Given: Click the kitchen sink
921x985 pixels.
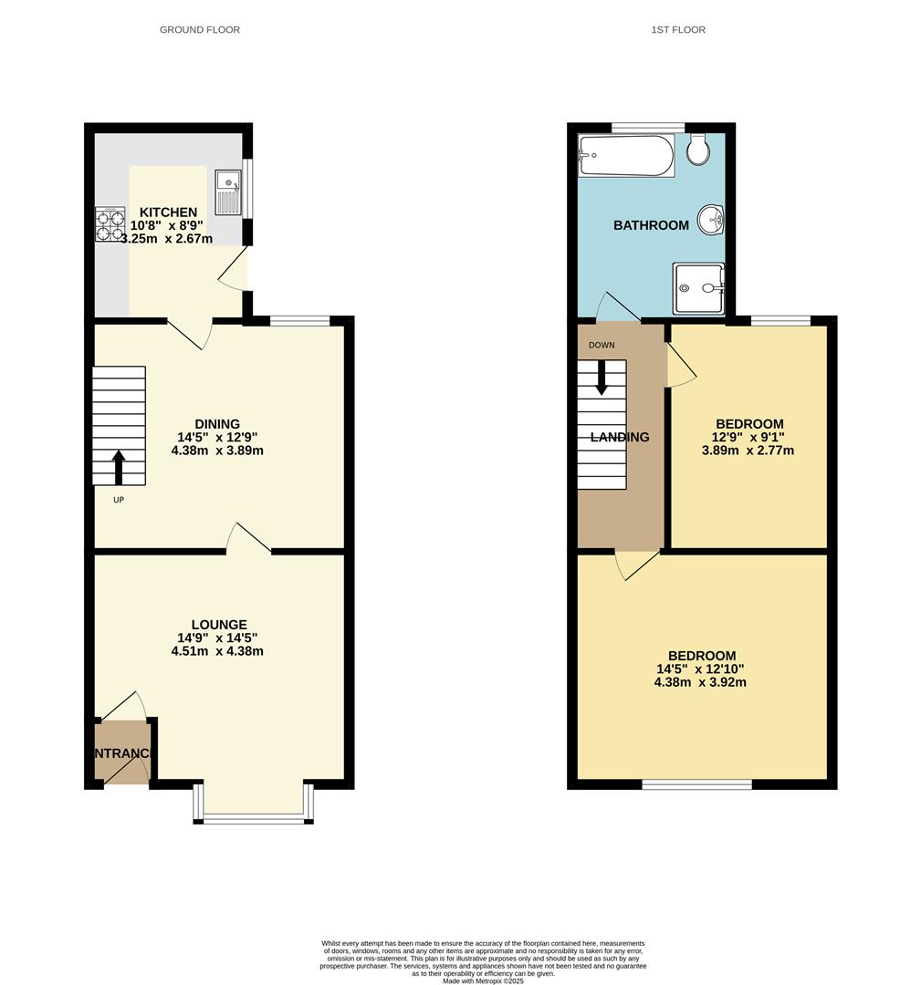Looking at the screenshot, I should pyautogui.click(x=226, y=192).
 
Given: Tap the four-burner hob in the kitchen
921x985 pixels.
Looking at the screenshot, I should pyautogui.click(x=110, y=224).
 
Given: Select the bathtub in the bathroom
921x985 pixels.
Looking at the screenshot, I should pyautogui.click(x=626, y=156).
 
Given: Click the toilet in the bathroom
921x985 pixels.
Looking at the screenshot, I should pyautogui.click(x=699, y=150).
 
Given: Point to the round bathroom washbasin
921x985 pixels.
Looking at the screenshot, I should pyautogui.click(x=711, y=219).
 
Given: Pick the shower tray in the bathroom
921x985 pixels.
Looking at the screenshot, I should pyautogui.click(x=698, y=288).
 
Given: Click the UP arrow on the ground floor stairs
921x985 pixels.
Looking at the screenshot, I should pyautogui.click(x=119, y=468).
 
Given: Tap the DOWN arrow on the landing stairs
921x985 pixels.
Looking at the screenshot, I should pyautogui.click(x=602, y=377).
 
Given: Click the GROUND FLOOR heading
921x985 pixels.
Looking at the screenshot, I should pyautogui.click(x=200, y=30).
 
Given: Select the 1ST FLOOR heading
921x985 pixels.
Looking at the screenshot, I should pyautogui.click(x=678, y=30).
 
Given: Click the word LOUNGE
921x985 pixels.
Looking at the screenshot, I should pyautogui.click(x=219, y=625).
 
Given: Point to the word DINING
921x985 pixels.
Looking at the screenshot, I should pyautogui.click(x=217, y=424).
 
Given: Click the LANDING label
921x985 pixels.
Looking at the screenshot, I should pyautogui.click(x=620, y=438).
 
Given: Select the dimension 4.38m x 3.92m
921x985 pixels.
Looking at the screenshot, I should pyautogui.click(x=700, y=681).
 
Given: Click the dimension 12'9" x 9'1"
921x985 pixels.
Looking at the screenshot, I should pyautogui.click(x=748, y=437).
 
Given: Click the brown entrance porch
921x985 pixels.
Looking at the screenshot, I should pyautogui.click(x=122, y=752).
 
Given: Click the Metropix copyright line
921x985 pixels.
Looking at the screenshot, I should pyautogui.click(x=484, y=980).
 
